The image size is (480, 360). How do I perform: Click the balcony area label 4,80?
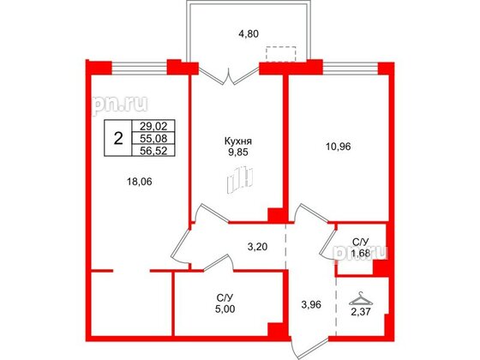[x=249, y=33]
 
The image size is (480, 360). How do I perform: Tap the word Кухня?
[x=238, y=141]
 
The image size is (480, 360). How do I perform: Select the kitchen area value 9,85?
[x=238, y=153]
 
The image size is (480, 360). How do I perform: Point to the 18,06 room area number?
[x=140, y=182]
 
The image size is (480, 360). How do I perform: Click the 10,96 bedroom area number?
[x=339, y=147]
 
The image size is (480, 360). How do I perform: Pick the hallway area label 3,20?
[x=257, y=247]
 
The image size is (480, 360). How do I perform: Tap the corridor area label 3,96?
[x=311, y=304]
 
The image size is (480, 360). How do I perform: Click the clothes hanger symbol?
[x=361, y=298]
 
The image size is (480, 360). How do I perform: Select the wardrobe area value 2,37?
[x=361, y=312]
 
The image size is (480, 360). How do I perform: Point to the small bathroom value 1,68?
[x=361, y=253]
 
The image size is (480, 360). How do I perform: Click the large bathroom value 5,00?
[x=225, y=309]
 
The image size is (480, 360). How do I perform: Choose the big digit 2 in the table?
[x=118, y=139]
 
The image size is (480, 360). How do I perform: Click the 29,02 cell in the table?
[x=153, y=125]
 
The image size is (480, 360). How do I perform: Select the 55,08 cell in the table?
[x=153, y=138]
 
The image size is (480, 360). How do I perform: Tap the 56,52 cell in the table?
[x=153, y=150]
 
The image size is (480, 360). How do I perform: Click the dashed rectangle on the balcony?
[x=281, y=54]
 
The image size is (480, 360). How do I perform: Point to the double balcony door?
[x=229, y=75]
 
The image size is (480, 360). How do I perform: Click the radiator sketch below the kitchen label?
[x=240, y=180]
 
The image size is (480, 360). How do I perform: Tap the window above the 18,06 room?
[x=139, y=68]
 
